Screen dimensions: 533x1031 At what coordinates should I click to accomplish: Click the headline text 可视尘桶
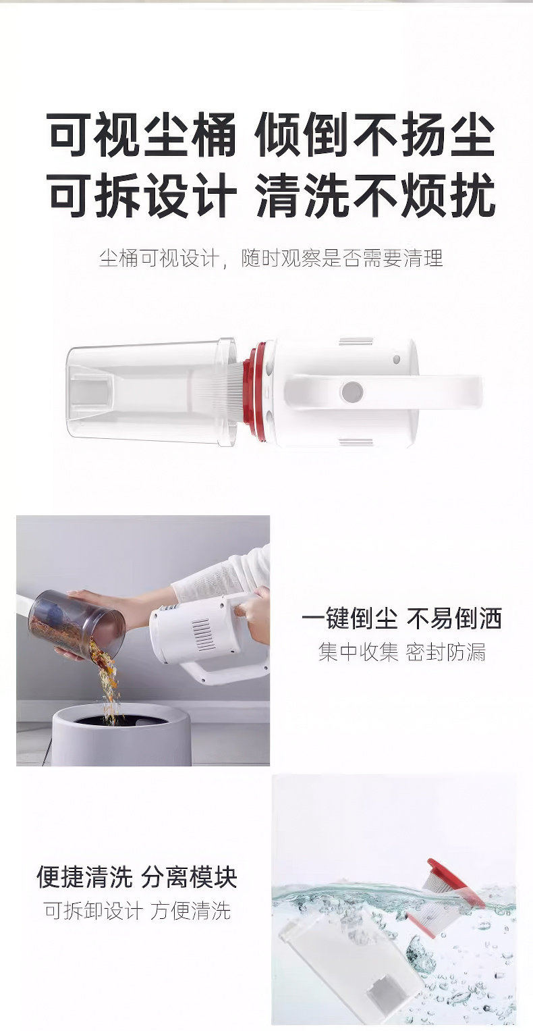point(141,135)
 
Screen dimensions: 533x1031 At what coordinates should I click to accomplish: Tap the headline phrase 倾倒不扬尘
point(375,135)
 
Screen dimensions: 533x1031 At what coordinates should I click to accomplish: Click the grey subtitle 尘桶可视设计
point(159,258)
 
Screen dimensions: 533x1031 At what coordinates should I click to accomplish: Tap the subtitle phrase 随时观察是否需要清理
point(342,258)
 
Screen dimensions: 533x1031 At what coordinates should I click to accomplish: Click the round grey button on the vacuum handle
point(352,392)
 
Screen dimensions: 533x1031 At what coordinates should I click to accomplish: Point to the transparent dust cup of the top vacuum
point(152,391)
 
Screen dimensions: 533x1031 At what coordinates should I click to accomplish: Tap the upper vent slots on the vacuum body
point(356,342)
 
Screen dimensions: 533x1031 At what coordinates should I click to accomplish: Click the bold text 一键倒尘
point(349,618)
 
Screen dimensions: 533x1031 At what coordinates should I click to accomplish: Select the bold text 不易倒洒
point(454,618)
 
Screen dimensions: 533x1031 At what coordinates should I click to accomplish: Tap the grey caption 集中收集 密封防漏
point(401,652)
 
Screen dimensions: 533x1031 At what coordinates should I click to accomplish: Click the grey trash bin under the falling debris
point(121,735)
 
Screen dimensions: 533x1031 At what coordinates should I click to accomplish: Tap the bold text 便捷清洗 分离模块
point(136,877)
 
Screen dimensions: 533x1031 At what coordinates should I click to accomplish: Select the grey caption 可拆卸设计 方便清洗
point(138,910)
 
